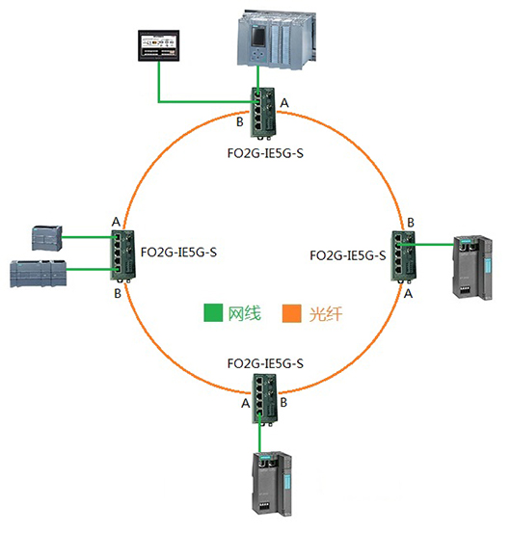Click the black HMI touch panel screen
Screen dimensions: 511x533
point(158,45)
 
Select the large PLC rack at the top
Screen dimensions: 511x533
point(276,40)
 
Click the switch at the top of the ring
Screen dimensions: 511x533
point(264,113)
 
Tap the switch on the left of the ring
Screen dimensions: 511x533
point(122,256)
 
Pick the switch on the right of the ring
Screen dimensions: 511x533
point(403,256)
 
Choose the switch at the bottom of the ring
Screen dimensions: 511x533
point(265,400)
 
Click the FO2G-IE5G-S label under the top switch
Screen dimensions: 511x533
point(265,153)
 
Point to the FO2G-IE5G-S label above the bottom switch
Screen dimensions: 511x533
point(265,363)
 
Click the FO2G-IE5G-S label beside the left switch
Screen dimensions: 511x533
point(178,253)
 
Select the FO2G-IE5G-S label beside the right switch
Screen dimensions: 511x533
point(348,255)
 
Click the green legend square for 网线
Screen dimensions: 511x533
point(213,312)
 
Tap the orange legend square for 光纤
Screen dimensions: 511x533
point(292,313)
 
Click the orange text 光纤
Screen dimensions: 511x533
point(325,314)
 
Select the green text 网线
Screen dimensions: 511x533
point(244,313)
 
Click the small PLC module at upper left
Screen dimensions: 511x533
point(47,238)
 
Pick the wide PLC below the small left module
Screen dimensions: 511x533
point(39,274)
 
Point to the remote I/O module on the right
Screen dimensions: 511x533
point(472,267)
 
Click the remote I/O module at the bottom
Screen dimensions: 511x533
point(272,484)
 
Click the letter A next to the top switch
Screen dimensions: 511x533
point(284,103)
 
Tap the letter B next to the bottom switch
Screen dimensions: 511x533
point(283,403)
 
